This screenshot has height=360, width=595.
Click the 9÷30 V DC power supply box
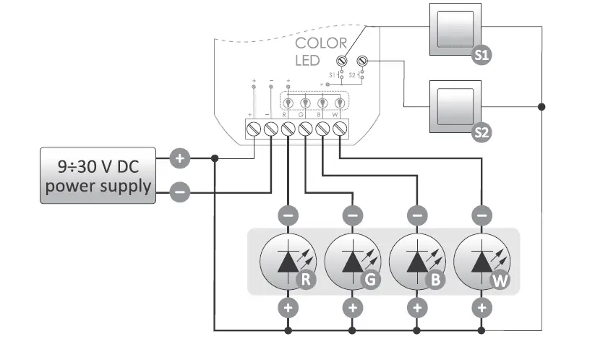[x=97, y=176]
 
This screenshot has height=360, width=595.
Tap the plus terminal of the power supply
[x=179, y=158]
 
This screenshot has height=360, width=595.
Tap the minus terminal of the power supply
[x=179, y=192]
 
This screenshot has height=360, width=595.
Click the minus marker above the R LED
[x=288, y=215]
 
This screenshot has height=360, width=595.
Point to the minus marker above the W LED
[x=481, y=215]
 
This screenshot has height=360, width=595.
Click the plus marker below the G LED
[x=352, y=308]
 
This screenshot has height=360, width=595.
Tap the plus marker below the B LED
[x=417, y=308]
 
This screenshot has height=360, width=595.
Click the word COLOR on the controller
[x=321, y=43]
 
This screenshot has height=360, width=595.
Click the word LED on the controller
[x=307, y=61]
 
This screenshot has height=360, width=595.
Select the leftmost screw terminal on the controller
[x=253, y=129]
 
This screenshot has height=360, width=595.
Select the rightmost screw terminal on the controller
[x=340, y=129]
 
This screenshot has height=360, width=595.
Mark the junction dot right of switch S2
[x=542, y=106]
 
